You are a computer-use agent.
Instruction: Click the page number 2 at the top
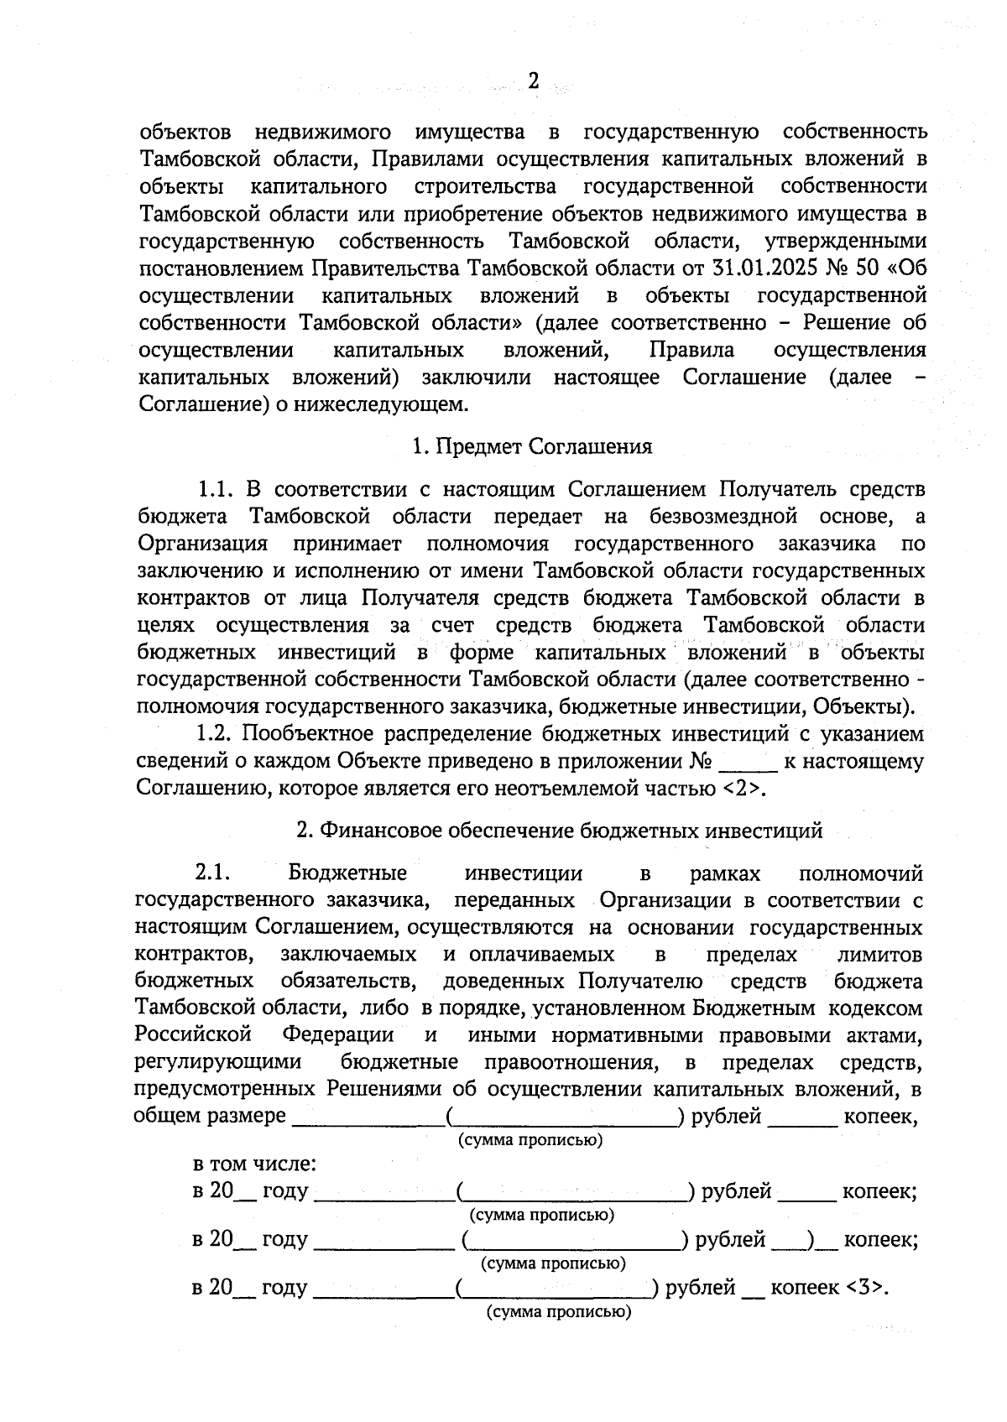[532, 81]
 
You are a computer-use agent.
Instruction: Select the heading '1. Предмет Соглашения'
[532, 446]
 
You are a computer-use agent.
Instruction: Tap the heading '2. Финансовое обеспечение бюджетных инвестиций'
[559, 831]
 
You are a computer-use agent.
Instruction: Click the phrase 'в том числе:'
[254, 1164]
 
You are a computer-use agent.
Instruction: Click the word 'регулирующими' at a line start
[218, 1062]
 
